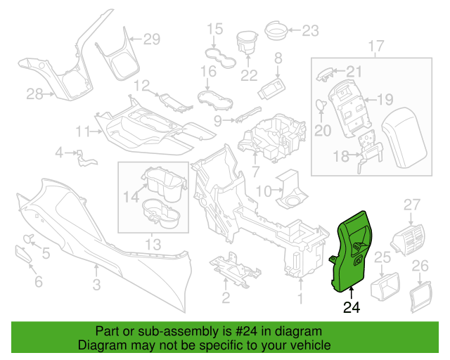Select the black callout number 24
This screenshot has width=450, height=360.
[352, 307]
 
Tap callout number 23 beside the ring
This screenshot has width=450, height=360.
[311, 30]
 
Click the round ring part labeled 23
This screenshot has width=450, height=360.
[276, 31]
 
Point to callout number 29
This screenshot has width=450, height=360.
[152, 39]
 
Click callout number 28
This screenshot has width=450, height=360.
[34, 94]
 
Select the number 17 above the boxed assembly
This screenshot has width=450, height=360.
[376, 46]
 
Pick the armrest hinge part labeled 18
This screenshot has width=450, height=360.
[371, 152]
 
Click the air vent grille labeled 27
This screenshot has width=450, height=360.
[408, 240]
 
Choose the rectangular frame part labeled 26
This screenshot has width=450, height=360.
[420, 297]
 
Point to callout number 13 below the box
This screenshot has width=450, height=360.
[153, 245]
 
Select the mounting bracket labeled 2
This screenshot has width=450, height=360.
[235, 269]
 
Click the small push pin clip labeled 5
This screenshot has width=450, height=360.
[29, 238]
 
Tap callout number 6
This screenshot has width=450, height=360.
[39, 282]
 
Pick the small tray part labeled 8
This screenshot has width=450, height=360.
[272, 89]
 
